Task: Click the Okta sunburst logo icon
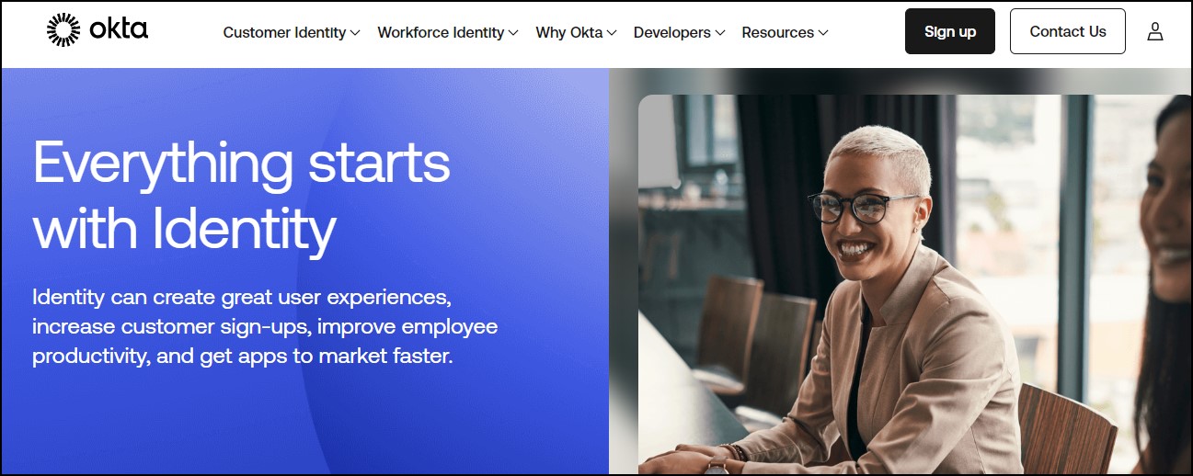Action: click(63, 29)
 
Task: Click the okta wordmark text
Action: click(119, 28)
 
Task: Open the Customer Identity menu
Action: click(292, 32)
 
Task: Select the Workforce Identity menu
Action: click(447, 32)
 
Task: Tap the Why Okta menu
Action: click(576, 32)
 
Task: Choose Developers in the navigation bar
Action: click(679, 32)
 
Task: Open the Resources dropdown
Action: click(785, 32)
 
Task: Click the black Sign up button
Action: click(949, 31)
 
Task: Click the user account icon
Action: click(1154, 31)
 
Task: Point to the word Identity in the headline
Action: click(245, 230)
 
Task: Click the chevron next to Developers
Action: click(719, 33)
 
